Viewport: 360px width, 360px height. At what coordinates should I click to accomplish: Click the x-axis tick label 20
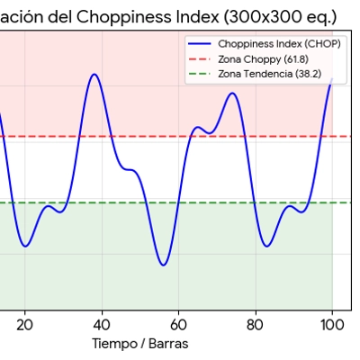click(x=24, y=325)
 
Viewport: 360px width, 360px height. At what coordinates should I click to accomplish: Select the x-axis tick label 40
click(x=102, y=325)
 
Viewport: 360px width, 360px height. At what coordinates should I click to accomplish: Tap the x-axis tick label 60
click(x=179, y=325)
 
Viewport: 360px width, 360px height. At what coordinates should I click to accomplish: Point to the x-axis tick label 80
click(x=256, y=325)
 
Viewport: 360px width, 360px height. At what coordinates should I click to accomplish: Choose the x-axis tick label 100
click(x=332, y=325)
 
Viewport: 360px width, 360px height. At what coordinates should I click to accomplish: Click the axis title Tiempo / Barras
click(x=140, y=344)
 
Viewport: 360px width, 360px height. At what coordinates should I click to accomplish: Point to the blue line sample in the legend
click(x=199, y=43)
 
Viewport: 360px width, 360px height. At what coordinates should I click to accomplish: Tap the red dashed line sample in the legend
click(x=199, y=58)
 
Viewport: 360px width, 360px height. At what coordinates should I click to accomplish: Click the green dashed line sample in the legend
click(x=199, y=74)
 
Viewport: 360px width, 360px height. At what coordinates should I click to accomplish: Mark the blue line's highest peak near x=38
click(x=94, y=74)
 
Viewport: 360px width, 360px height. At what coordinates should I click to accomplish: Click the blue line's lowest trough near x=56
click(x=163, y=265)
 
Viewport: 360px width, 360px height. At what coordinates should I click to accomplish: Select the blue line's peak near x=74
click(x=233, y=93)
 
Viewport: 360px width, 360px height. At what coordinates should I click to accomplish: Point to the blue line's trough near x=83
click(x=266, y=246)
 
